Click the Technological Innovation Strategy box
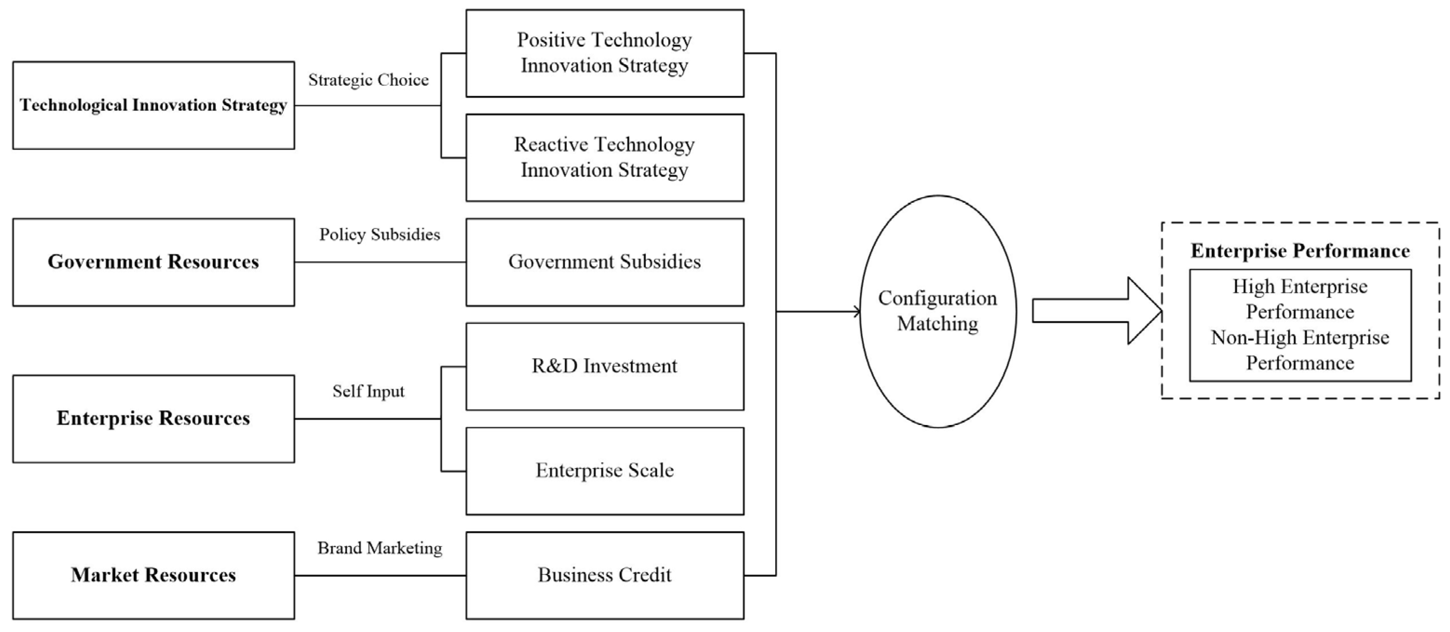pos(153,105)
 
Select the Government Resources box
pos(153,262)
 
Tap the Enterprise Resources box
pos(153,419)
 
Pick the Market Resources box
pos(153,575)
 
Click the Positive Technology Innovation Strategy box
pos(605,53)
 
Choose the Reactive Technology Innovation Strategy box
pos(605,158)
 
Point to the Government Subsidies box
pos(605,262)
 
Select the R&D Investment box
pos(605,366)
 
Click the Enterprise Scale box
pos(605,471)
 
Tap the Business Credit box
pos(605,575)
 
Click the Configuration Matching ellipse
pos(938,311)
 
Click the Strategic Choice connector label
pos(368,80)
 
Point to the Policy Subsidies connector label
pos(379,234)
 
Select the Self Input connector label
pos(368,391)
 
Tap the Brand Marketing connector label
pos(379,547)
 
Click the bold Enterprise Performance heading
pos(1300,251)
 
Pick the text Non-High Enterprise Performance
pos(1300,350)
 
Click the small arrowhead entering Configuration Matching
pos(857,311)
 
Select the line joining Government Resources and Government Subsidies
pos(380,262)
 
